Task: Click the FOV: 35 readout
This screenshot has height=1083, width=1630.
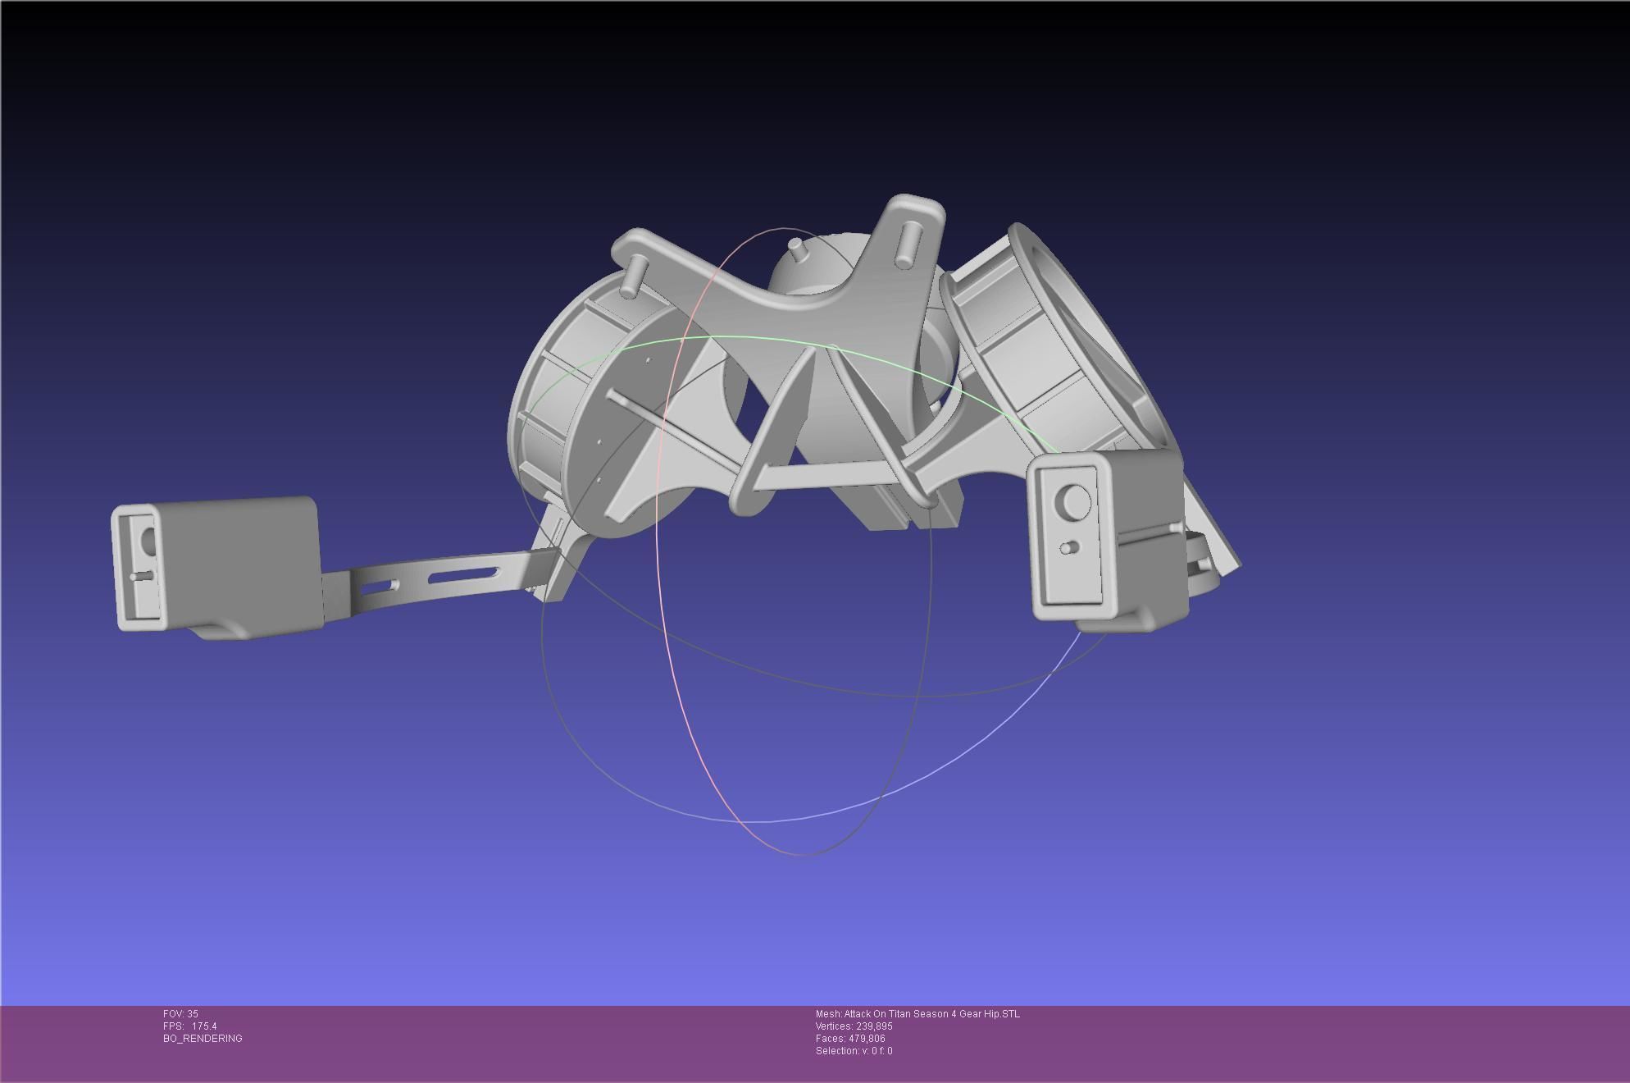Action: coord(180,1014)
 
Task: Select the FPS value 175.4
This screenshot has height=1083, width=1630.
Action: coord(204,1026)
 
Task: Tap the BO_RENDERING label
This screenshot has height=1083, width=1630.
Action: coord(203,1039)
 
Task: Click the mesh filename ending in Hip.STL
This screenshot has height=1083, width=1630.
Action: coord(917,1014)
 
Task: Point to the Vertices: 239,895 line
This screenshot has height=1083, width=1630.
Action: coord(854,1026)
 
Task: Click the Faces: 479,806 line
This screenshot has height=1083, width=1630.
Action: coord(849,1039)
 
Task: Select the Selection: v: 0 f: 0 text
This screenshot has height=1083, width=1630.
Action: coord(854,1051)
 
